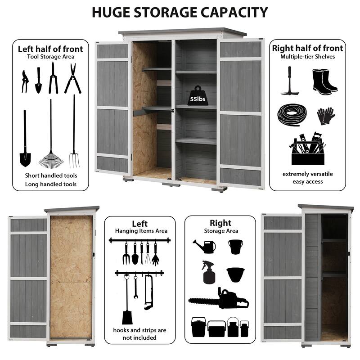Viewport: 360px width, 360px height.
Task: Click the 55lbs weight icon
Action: pyautogui.click(x=198, y=95)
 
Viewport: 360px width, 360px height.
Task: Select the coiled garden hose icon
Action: pyautogui.click(x=292, y=115)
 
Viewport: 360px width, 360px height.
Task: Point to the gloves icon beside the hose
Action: pyautogui.click(x=326, y=116)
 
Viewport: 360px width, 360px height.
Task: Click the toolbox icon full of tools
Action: pyautogui.click(x=308, y=148)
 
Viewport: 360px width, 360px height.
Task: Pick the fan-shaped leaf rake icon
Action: pyautogui.click(x=51, y=133)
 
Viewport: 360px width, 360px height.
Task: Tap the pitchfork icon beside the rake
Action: pyautogui.click(x=74, y=131)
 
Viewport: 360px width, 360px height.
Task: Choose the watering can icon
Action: pyautogui.click(x=204, y=246)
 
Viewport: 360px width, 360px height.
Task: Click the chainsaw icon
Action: pyautogui.click(x=218, y=298)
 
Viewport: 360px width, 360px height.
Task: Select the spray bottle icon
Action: pyautogui.click(x=208, y=272)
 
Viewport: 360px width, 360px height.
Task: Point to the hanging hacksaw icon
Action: pyautogui.click(x=148, y=292)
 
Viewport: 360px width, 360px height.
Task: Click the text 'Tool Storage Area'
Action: pyautogui.click(x=51, y=57)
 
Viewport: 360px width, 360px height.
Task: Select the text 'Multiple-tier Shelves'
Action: pyautogui.click(x=308, y=57)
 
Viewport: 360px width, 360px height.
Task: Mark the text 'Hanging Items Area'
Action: pyautogui.click(x=141, y=231)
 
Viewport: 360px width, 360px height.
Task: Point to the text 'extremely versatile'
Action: pyautogui.click(x=308, y=174)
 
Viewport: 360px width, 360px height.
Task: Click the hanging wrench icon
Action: pyautogui.click(x=136, y=287)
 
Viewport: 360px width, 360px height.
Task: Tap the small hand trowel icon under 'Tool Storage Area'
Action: pyautogui.click(x=39, y=81)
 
